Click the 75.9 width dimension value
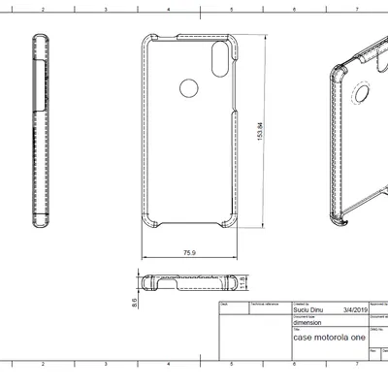[x=190, y=252]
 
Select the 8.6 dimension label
[x=134, y=302]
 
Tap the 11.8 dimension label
[x=243, y=282]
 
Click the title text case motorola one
[x=330, y=339]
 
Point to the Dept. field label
[x=224, y=303]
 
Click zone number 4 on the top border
[x=167, y=5]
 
